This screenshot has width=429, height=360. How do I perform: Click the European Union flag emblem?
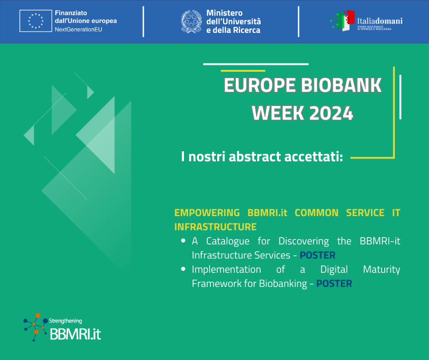pyautogui.click(x=36, y=21)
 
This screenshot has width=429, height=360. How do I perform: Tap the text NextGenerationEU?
pyautogui.click(x=78, y=30)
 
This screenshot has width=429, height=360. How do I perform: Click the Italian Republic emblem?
pyautogui.click(x=191, y=21)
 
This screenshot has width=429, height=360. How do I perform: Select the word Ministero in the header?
pyautogui.click(x=225, y=13)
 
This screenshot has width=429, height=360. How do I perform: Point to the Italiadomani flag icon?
pyautogui.click(x=343, y=21)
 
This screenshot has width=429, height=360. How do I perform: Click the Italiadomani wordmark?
pyautogui.click(x=380, y=21)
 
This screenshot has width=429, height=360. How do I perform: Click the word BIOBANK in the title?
pyautogui.click(x=341, y=85)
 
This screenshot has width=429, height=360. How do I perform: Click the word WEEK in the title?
pyautogui.click(x=278, y=113)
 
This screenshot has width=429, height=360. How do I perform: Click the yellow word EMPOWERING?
pyautogui.click(x=207, y=212)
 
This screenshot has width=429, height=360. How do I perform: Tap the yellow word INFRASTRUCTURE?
pyautogui.click(x=215, y=227)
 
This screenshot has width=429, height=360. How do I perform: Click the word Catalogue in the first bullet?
pyautogui.click(x=228, y=241)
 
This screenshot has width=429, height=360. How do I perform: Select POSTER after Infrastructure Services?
pyautogui.click(x=317, y=255)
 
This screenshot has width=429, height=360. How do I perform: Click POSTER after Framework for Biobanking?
pyautogui.click(x=334, y=284)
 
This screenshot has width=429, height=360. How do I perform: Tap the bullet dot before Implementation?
pyautogui.click(x=183, y=269)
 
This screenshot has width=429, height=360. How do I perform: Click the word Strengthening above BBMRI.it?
pyautogui.click(x=65, y=321)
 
